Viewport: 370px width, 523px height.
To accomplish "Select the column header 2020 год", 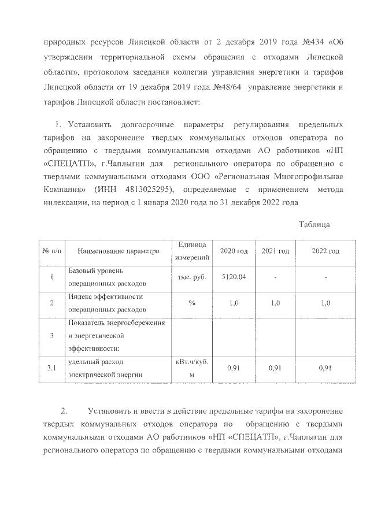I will coord(234,251).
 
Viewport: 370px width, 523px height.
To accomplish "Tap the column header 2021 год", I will coord(275,251).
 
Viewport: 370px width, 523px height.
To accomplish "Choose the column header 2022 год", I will coord(325,251).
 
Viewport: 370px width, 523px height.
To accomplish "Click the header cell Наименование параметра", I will coord(117,251).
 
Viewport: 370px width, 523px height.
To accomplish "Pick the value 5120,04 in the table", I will coord(234,277).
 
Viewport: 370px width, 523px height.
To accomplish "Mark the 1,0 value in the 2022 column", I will coord(325,303).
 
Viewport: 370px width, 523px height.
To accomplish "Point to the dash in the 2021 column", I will coord(275,278).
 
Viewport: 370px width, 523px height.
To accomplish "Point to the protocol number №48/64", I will coord(227,87).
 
